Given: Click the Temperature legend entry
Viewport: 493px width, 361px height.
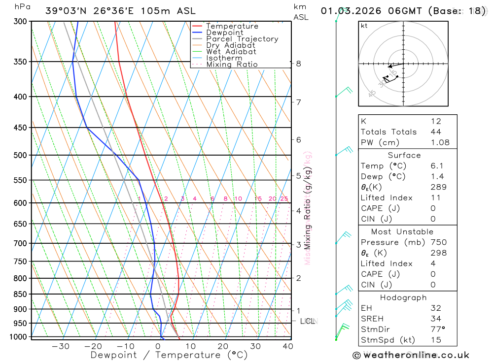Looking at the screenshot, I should (232, 26).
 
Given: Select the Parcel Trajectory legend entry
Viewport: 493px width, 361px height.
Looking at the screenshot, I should (242, 39).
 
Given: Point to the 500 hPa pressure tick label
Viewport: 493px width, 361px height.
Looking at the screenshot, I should (20, 155).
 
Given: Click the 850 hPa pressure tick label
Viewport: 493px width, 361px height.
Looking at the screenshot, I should (20, 295).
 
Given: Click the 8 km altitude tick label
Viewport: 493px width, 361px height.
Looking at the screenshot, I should (298, 64).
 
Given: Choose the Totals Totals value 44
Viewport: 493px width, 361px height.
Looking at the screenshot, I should (436, 131).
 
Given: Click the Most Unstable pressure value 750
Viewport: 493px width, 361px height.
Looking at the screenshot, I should (438, 242).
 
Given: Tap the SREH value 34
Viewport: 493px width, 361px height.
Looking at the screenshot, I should (436, 319).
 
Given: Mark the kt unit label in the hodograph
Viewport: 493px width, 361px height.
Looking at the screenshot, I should (364, 26).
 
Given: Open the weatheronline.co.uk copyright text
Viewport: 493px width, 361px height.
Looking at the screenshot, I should (411, 355).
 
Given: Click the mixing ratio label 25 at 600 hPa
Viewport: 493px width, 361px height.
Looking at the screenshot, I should (284, 199).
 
